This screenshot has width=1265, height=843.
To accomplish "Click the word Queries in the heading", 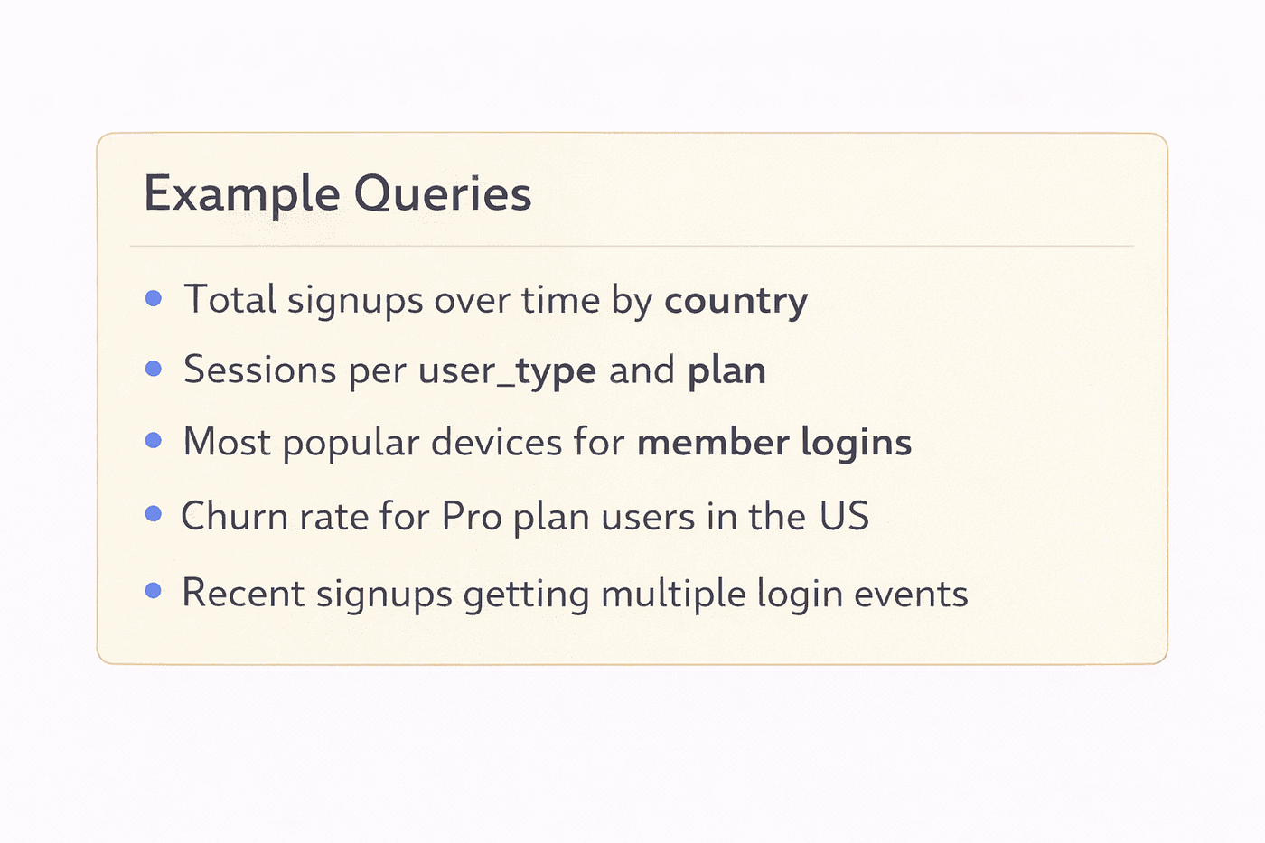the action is coord(443,193).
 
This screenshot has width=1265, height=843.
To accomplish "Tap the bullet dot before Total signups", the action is coord(154,298).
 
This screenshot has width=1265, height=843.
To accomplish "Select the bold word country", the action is coord(736,302).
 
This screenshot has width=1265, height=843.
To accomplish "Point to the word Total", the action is coord(230,299).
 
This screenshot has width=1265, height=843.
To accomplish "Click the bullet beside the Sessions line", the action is coord(154,369).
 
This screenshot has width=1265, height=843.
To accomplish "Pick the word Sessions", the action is coord(260,370).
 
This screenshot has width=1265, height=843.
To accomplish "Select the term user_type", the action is coord(507,371).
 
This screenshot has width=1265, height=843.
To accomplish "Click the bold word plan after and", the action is coord(726,371).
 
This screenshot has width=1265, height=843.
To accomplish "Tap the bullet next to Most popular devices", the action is coord(154,440).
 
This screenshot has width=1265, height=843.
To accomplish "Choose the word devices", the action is coord(496,442).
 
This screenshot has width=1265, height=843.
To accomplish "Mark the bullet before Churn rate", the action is coord(154,514).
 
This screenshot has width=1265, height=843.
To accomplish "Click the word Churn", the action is coord(235,516).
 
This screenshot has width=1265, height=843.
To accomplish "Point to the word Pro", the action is coord(472,516).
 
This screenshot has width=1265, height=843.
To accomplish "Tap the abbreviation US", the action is coord(844,516).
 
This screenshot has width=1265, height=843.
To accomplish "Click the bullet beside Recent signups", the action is coord(154,591).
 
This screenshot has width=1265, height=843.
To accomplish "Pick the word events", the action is coord(911,594).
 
